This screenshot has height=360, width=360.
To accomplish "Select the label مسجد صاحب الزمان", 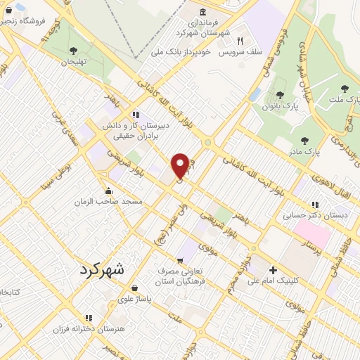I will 109,202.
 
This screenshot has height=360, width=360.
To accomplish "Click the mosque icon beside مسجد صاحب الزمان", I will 108,191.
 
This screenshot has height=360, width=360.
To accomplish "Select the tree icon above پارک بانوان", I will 280,95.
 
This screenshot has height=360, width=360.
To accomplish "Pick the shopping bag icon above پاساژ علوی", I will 134,287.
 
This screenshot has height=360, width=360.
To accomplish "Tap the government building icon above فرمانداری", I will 203,11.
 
